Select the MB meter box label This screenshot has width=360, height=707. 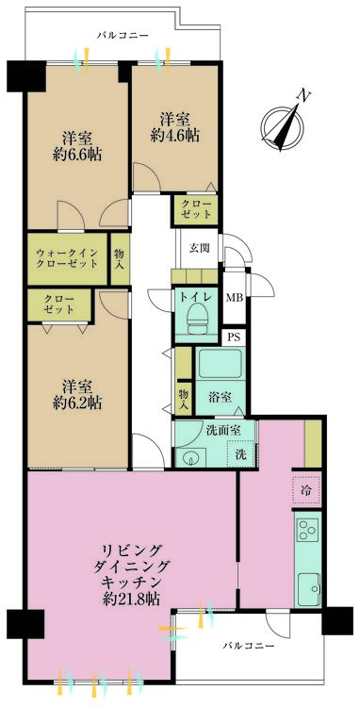click(235, 298)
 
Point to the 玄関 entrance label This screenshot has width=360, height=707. click(199, 249)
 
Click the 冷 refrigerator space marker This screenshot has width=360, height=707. click(307, 489)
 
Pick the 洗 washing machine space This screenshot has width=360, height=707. click(242, 454)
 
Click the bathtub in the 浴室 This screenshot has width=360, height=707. click(220, 364)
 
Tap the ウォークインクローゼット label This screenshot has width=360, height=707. click(67, 259)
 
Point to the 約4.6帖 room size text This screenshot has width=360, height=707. click(175, 136)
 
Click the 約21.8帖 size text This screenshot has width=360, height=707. click(132, 599)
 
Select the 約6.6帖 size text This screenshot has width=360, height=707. click(75, 155)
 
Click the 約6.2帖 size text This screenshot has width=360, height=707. click(75, 403)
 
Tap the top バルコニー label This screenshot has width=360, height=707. click(123, 35)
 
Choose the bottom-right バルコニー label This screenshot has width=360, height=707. click(249, 646)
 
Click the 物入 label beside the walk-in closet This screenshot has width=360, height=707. click(119, 259)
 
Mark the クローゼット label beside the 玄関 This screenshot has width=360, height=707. click(195, 209)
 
